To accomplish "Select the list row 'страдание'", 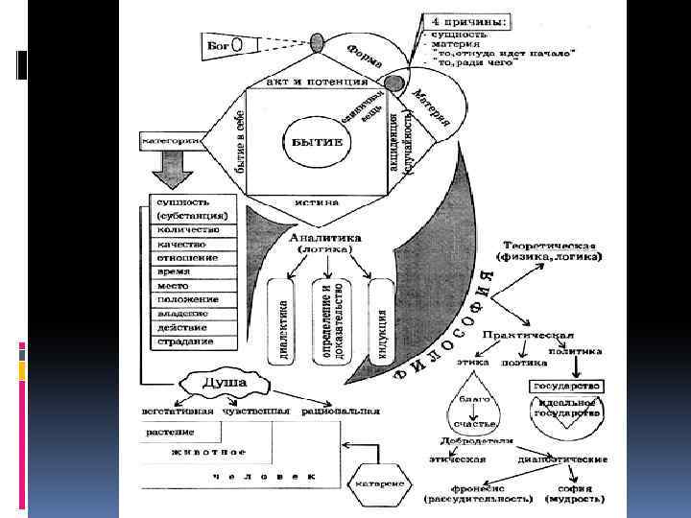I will coord(187,341).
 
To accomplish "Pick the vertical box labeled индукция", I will coord(381,323).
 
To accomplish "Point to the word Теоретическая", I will coord(547,245).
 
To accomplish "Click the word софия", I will coord(576,489).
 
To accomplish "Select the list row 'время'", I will coord(175,271).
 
